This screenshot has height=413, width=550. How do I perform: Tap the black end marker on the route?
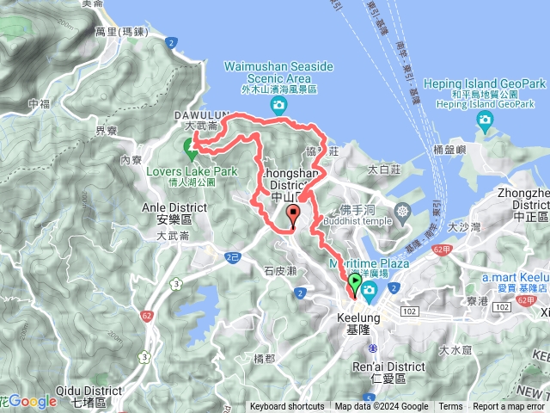point(294,216)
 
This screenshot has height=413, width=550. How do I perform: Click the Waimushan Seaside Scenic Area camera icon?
point(278,105)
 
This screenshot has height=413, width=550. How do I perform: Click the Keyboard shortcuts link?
point(287,407)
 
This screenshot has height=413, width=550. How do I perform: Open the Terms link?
point(450,407)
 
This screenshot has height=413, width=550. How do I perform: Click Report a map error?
point(509,407)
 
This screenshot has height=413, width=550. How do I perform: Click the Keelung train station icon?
point(373,348)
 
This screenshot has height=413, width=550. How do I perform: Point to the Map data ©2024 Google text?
point(382,407)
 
